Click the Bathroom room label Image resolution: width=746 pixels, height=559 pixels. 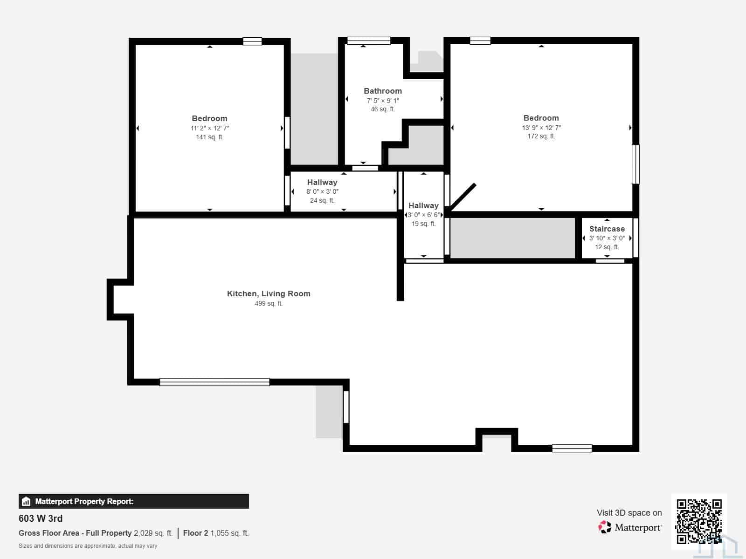(383, 91)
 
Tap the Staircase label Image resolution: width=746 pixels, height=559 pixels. (607, 229)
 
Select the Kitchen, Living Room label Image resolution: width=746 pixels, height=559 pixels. (269, 293)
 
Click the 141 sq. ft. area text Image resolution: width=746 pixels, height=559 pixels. (209, 137)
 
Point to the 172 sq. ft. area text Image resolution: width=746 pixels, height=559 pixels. (541, 136)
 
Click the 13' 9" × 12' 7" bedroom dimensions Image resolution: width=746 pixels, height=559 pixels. (541, 128)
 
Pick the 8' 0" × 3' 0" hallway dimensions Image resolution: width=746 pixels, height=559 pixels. (322, 191)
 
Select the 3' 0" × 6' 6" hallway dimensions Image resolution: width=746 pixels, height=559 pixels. (423, 215)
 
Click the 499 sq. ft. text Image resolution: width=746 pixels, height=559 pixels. (269, 303)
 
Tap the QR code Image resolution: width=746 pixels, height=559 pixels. (699, 521)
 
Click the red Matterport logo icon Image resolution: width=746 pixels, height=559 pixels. (605, 527)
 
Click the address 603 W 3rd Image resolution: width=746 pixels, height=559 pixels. (41, 518)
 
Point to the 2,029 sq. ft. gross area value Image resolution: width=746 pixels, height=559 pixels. (153, 533)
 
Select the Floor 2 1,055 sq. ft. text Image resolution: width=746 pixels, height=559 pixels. (216, 533)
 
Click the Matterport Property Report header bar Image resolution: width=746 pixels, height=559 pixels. (133, 501)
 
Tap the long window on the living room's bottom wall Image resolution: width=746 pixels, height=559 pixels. (214, 382)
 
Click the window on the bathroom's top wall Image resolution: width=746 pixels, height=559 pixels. (369, 41)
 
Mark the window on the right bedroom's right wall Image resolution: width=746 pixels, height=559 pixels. (635, 164)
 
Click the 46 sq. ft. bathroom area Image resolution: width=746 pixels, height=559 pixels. (383, 109)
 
